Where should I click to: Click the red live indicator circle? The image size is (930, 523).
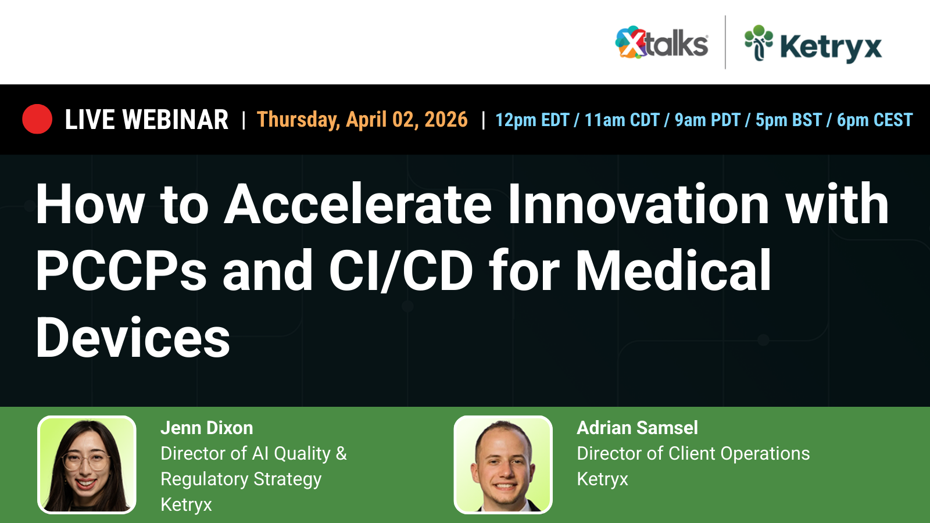[x=37, y=119]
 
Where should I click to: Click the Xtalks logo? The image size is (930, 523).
[x=661, y=43]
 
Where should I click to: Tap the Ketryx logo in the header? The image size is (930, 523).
[x=813, y=44]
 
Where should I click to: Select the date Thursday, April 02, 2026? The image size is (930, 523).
[x=362, y=120]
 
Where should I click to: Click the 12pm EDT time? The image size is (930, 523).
[x=532, y=120]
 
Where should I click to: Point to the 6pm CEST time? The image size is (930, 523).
[x=874, y=120]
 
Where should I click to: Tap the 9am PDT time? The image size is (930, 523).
[x=707, y=120]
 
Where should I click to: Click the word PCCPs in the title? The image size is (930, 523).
[x=121, y=271]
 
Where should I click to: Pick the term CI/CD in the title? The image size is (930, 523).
[x=401, y=271]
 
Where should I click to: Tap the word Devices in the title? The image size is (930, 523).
[x=133, y=338]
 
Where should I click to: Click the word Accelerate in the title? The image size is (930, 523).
[x=358, y=205]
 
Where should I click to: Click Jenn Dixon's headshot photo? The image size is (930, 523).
[x=87, y=465]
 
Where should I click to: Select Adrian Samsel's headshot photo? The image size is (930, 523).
[x=503, y=465]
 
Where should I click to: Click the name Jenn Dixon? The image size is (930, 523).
[x=206, y=428]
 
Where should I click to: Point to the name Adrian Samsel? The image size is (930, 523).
[x=637, y=428]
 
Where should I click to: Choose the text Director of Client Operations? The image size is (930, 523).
[x=693, y=454]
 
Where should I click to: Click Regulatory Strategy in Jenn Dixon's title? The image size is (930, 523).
[x=241, y=479]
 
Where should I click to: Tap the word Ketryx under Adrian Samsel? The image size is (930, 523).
[x=602, y=479]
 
